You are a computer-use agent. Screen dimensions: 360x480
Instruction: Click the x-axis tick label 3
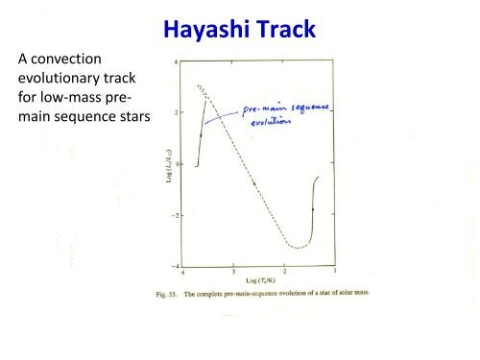click(233, 272)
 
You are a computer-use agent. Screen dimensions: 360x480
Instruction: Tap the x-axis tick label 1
click(333, 272)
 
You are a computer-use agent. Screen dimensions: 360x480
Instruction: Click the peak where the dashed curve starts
click(198, 86)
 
